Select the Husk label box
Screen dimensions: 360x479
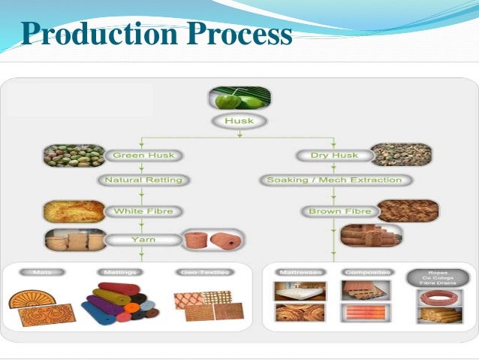pyautogui.click(x=239, y=120)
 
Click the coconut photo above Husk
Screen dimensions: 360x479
pyautogui.click(x=239, y=98)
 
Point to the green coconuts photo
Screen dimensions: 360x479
pyautogui.click(x=73, y=156)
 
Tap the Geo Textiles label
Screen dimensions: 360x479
pyautogui.click(x=202, y=272)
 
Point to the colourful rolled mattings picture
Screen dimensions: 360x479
pyautogui.click(x=116, y=304)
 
